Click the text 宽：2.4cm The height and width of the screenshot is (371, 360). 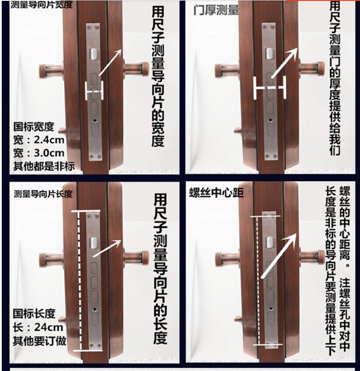[39, 140]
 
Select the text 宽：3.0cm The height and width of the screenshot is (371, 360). [39, 153]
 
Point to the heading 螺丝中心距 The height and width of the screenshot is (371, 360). [216, 193]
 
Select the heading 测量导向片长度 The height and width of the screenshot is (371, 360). [43, 193]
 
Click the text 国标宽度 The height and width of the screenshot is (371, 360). [34, 127]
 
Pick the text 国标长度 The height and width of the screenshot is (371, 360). [34, 314]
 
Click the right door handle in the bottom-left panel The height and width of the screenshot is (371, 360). [138, 257]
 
